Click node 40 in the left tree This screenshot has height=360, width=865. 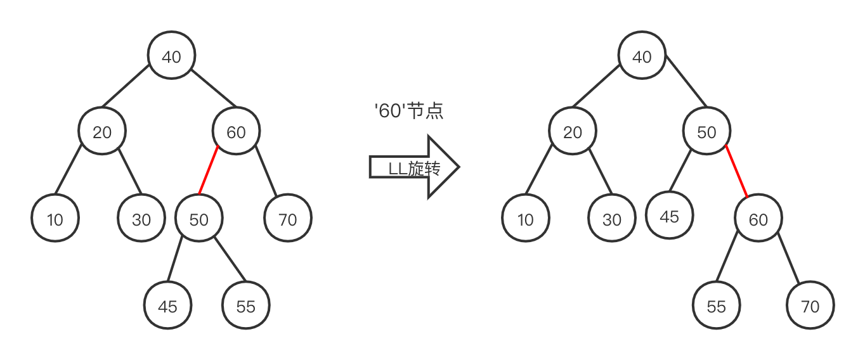click(x=171, y=57)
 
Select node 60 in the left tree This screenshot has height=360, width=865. click(x=236, y=132)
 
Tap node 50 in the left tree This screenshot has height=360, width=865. click(x=198, y=219)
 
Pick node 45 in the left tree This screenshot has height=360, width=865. click(x=167, y=307)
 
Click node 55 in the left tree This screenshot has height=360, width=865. click(x=245, y=307)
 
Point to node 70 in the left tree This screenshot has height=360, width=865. click(x=288, y=219)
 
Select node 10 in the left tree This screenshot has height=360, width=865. click(x=55, y=219)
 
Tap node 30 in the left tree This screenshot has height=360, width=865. click(x=141, y=219)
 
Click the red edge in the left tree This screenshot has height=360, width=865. click(x=209, y=170)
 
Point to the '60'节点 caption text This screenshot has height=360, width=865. click(x=409, y=111)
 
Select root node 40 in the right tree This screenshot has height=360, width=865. click(x=642, y=57)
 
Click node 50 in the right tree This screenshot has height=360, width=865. click(x=706, y=132)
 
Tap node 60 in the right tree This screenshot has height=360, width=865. click(x=758, y=219)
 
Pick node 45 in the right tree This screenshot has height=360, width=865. click(x=670, y=216)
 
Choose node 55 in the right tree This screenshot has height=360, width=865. click(x=716, y=307)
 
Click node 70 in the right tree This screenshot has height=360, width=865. click(x=810, y=307)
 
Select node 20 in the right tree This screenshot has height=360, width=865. click(x=573, y=132)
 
